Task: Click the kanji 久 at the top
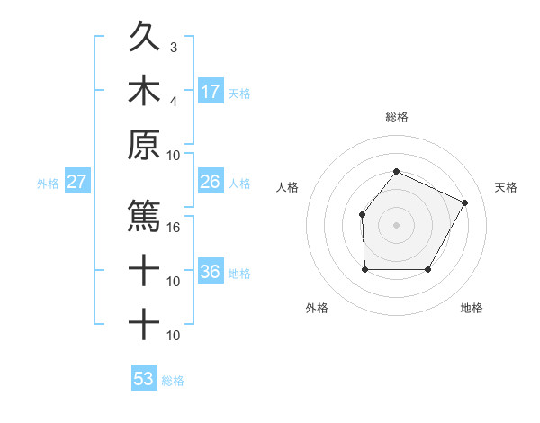pyautogui.click(x=144, y=40)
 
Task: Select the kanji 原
pyautogui.click(x=144, y=144)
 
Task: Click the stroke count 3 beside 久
pyautogui.click(x=174, y=47)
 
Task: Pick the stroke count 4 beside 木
pyautogui.click(x=174, y=100)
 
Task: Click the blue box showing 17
pyautogui.click(x=211, y=91)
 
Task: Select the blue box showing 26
pyautogui.click(x=211, y=182)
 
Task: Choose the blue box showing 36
pyautogui.click(x=211, y=272)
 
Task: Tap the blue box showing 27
pyautogui.click(x=77, y=182)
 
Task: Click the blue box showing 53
pyautogui.click(x=144, y=378)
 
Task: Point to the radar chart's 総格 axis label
pyautogui.click(x=396, y=117)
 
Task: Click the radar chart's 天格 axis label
pyautogui.click(x=506, y=187)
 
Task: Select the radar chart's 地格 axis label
pyautogui.click(x=472, y=308)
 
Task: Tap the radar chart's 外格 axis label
pyautogui.click(x=317, y=308)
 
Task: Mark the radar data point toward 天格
pyautogui.click(x=464, y=202)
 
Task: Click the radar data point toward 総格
pyautogui.click(x=396, y=171)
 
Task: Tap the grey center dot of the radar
pyautogui.click(x=396, y=224)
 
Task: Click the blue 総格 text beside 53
pyautogui.click(x=173, y=380)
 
